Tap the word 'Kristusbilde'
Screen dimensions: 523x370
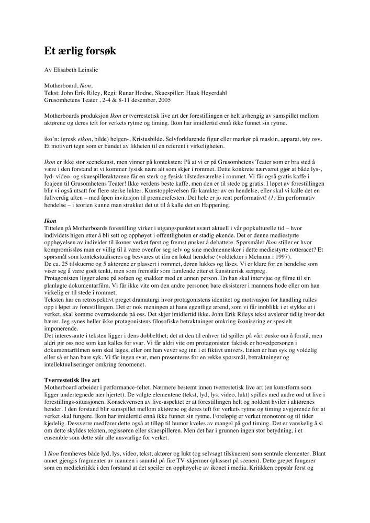tap(160, 140)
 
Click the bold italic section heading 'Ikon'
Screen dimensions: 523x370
tap(50, 222)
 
